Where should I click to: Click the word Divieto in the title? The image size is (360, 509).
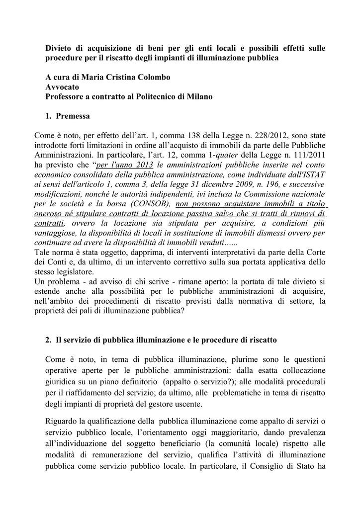tap(59, 48)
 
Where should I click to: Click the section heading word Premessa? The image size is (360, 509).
tap(73, 116)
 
